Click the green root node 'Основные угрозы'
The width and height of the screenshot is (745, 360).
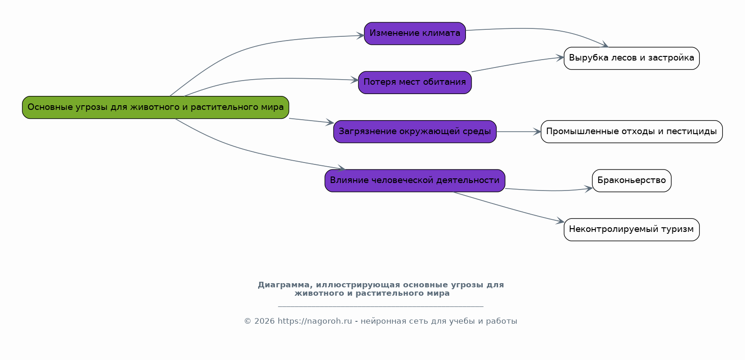pos(155,108)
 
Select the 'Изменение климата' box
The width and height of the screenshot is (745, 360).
pos(415,33)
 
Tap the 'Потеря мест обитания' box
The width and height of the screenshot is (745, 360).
pos(415,82)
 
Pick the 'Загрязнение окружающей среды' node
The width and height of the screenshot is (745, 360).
pos(415,132)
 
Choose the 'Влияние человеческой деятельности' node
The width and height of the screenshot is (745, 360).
pos(415,181)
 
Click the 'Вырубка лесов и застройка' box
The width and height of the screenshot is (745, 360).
pos(632,58)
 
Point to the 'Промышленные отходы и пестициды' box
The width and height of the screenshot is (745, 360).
pos(632,132)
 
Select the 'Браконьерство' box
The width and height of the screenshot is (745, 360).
pos(632,181)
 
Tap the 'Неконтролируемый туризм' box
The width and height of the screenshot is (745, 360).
pos(632,230)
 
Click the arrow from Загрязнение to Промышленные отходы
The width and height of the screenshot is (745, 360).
pos(519,132)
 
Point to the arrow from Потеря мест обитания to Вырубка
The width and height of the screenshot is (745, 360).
pos(518,63)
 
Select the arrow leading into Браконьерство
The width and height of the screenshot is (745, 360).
pos(549,190)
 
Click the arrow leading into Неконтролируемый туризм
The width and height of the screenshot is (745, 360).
pos(509,207)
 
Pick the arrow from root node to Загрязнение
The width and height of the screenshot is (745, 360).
pos(311,121)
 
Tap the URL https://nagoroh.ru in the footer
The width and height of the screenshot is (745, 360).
pos(314,321)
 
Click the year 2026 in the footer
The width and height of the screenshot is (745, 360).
pos(265,321)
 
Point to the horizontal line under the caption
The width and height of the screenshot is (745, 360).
pos(381,306)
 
